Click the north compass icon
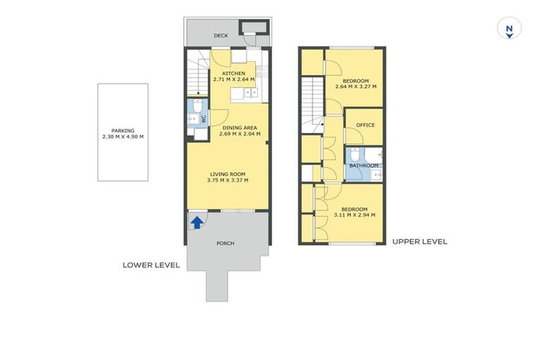tap(508, 29)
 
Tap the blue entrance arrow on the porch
tap(198, 223)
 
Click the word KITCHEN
tap(233, 73)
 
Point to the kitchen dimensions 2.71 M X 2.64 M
tap(233, 79)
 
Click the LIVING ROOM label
tap(228, 174)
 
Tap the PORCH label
tap(225, 243)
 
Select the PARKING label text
tap(122, 130)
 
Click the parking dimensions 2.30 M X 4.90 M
tap(122, 136)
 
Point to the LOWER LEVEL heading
tap(151, 265)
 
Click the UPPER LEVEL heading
tap(419, 242)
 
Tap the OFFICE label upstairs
tap(366, 125)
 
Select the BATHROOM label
tap(364, 166)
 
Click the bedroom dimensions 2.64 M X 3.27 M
tap(355, 87)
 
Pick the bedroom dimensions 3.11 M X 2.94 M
tap(354, 215)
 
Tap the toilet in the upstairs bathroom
tap(356, 154)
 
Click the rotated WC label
tap(204, 120)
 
